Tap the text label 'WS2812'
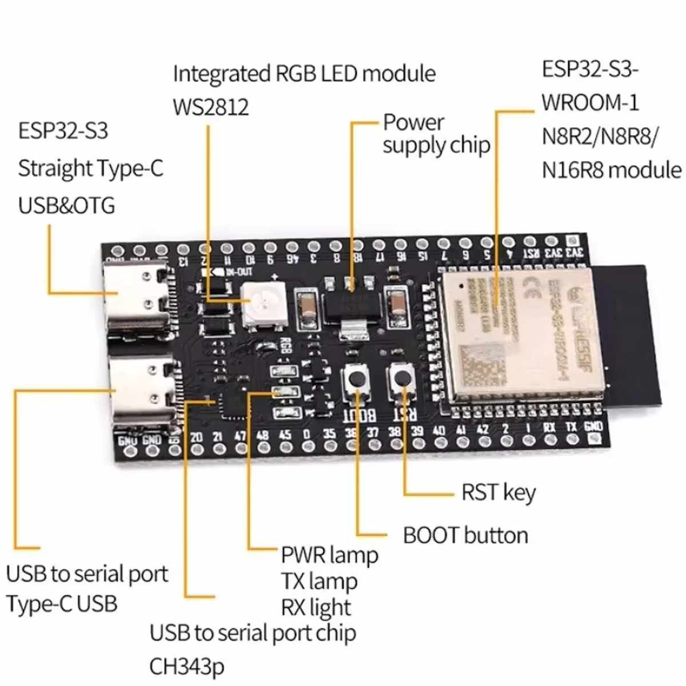(x=211, y=107)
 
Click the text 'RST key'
(x=498, y=493)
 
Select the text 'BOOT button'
(x=465, y=536)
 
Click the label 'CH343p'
(x=187, y=667)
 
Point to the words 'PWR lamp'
(x=329, y=555)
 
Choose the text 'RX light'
(x=316, y=608)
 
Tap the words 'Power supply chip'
(x=436, y=134)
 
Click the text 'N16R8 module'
(x=611, y=170)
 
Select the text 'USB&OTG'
(x=66, y=205)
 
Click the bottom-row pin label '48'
(x=262, y=435)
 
